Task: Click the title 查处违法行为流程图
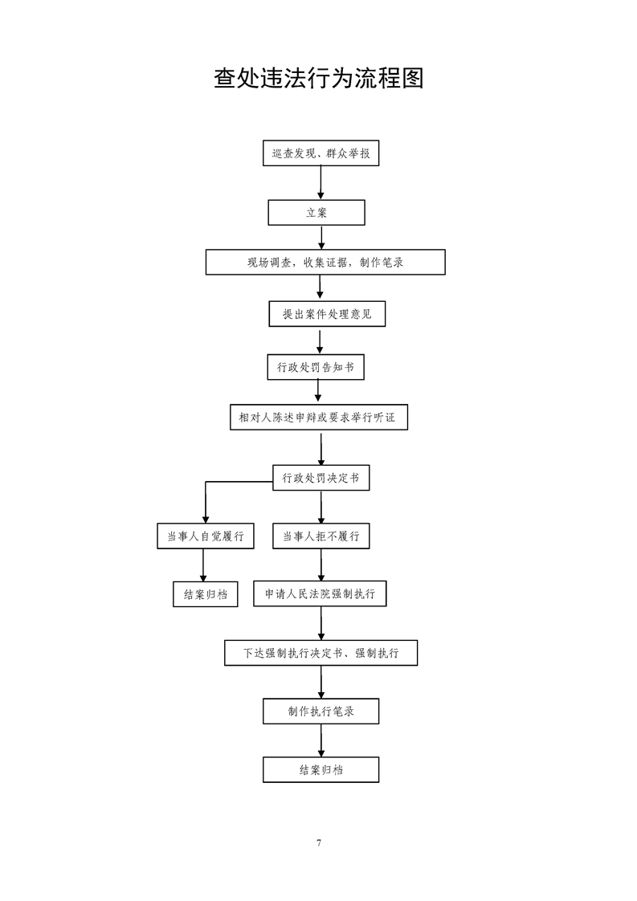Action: [x=318, y=78]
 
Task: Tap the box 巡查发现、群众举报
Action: [x=321, y=153]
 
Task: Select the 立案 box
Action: [x=316, y=213]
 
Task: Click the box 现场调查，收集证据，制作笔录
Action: [x=325, y=262]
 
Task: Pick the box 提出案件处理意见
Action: [x=327, y=314]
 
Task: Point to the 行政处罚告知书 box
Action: [x=316, y=367]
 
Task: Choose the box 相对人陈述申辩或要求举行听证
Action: [x=319, y=417]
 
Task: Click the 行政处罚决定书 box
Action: [x=321, y=478]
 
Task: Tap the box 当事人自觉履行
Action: [x=206, y=536]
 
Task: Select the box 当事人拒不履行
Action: [x=321, y=536]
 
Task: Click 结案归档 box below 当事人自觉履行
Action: [x=206, y=594]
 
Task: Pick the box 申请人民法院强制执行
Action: [x=320, y=593]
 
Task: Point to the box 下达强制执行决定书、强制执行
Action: [x=321, y=653]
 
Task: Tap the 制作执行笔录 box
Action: [x=321, y=711]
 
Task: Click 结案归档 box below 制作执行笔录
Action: [x=321, y=769]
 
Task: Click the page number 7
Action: [x=318, y=843]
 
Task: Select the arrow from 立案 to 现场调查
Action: [x=321, y=238]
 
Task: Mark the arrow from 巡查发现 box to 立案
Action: [x=321, y=183]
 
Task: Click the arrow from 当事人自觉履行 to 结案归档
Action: [x=203, y=565]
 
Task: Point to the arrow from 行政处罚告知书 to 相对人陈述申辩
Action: [x=318, y=392]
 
